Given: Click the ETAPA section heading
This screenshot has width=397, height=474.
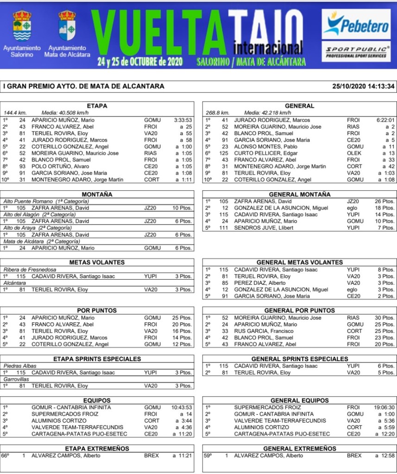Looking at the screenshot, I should [x=97, y=106].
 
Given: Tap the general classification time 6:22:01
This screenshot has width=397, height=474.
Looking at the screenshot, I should [x=385, y=120].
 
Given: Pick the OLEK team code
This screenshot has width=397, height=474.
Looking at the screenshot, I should [x=353, y=153].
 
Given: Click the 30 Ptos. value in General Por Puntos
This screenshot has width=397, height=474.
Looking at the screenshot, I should [x=385, y=318].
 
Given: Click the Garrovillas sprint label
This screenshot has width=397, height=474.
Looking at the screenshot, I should [x=16, y=379].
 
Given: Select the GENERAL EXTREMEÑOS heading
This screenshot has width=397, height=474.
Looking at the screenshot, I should [x=299, y=449].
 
